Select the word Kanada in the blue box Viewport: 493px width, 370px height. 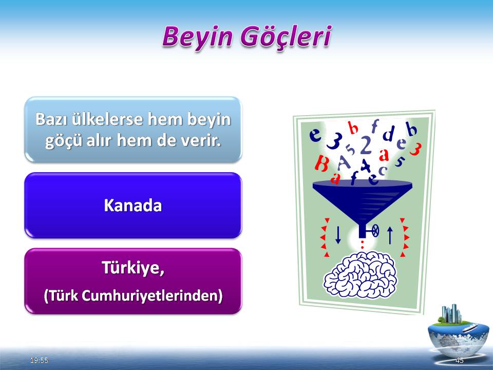[x=132, y=206]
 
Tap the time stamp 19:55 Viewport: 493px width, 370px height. [x=40, y=360]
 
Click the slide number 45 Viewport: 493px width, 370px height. [x=460, y=360]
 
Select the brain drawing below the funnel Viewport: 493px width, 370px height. [x=361, y=275]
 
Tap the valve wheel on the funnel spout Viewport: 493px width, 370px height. [x=375, y=231]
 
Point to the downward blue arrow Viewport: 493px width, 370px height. [x=338, y=235]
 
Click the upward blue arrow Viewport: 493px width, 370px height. [x=390, y=235]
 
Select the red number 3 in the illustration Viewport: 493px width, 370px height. [x=415, y=149]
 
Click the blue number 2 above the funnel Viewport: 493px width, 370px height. [x=365, y=145]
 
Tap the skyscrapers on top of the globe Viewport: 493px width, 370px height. [x=451, y=313]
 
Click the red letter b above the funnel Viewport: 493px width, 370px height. [x=353, y=128]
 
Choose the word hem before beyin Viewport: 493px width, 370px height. [x=165, y=119]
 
